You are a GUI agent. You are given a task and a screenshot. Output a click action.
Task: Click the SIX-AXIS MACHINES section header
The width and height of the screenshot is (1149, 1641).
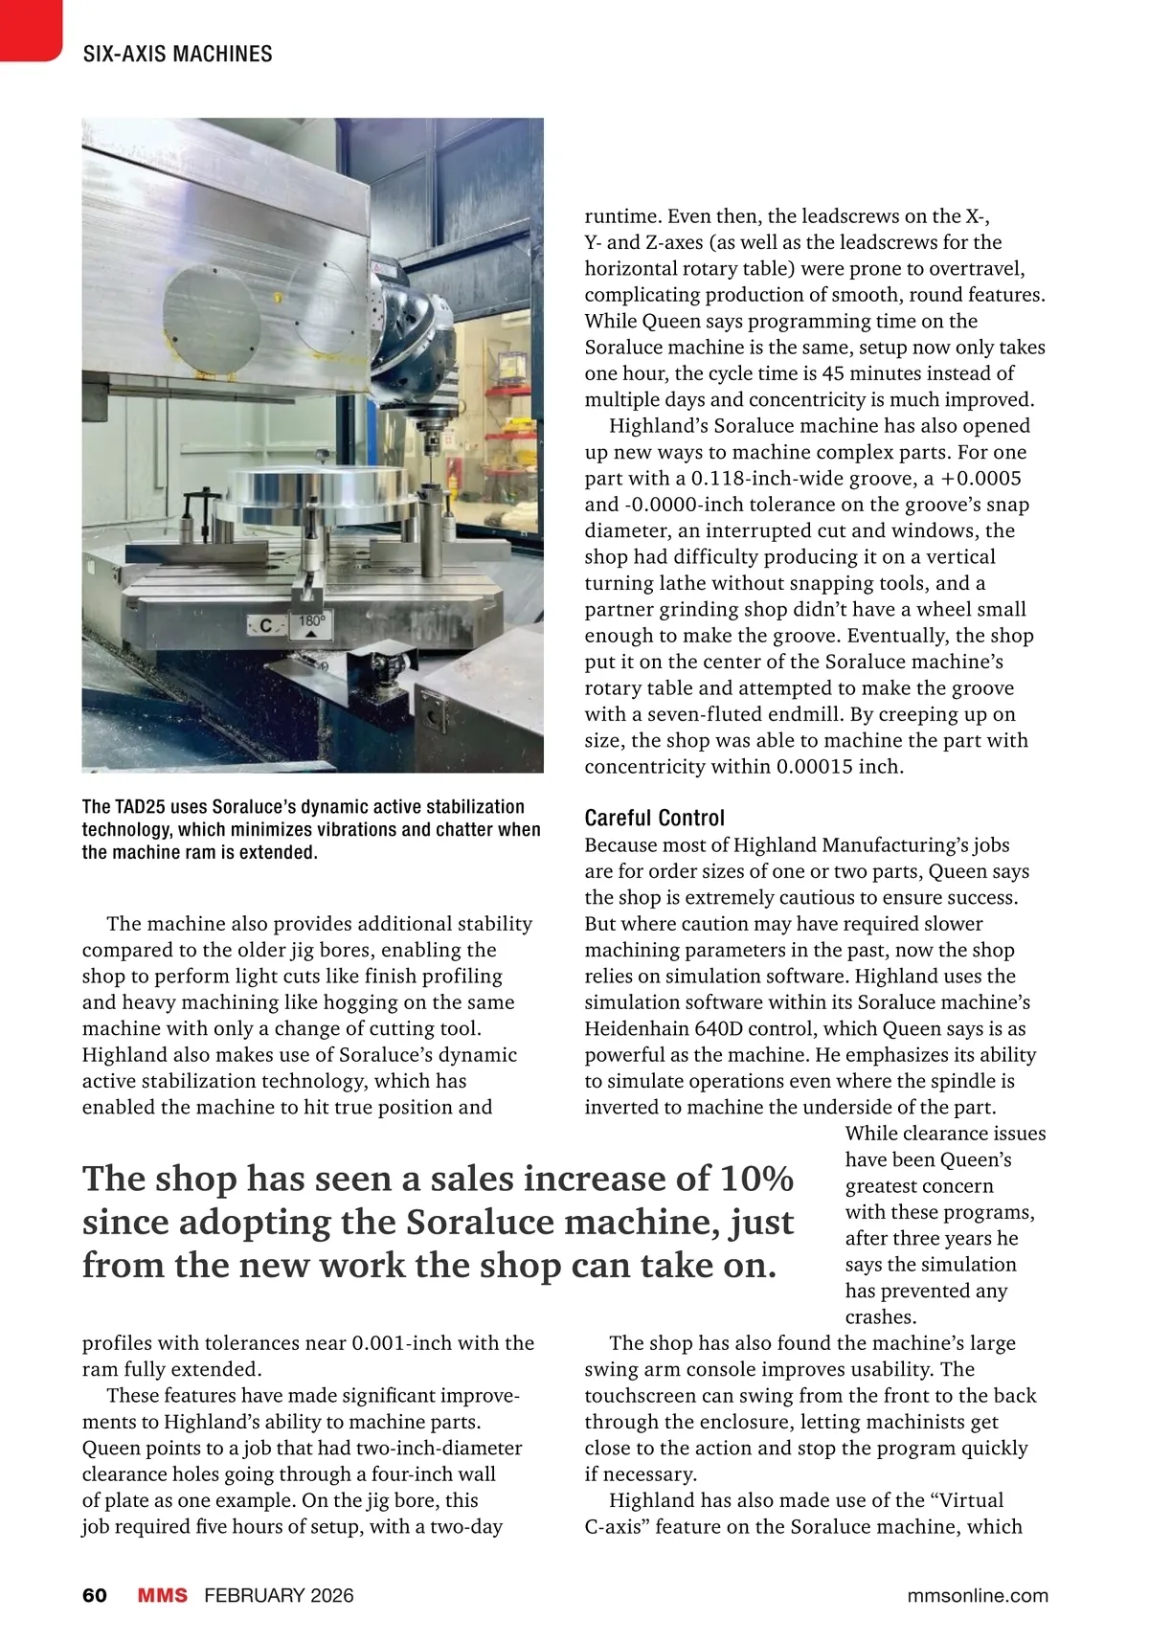pyautogui.click(x=178, y=54)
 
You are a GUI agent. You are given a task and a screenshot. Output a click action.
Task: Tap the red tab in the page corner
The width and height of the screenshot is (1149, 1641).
pyautogui.click(x=29, y=29)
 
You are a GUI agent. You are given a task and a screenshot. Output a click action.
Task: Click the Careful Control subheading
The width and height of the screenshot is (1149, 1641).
pyautogui.click(x=654, y=818)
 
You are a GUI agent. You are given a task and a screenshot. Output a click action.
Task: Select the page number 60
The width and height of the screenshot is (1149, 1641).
pyautogui.click(x=95, y=1595)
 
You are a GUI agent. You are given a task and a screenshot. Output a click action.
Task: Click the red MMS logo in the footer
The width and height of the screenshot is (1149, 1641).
pyautogui.click(x=162, y=1595)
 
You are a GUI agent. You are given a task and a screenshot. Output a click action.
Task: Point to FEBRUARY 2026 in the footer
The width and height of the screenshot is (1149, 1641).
pyautogui.click(x=279, y=1595)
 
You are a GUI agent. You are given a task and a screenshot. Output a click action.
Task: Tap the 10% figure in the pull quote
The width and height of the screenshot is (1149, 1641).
pyautogui.click(x=756, y=1179)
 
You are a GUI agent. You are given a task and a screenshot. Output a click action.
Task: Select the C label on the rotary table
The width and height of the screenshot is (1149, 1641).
pyautogui.click(x=266, y=626)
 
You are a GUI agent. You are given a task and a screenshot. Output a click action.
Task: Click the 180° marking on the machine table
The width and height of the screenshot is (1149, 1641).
pyautogui.click(x=312, y=621)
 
